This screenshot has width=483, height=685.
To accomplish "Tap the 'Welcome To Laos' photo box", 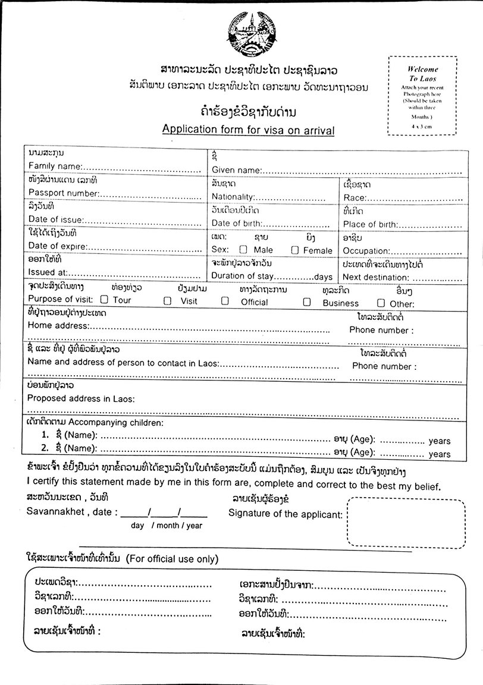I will tap(422, 96).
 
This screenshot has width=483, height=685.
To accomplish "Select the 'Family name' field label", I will tap(55, 165).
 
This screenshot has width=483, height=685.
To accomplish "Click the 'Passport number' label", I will tap(63, 193).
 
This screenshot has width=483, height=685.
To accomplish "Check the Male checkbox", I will tap(243, 250).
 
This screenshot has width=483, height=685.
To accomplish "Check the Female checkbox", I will tap(294, 250).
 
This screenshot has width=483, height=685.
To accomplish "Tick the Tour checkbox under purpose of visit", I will tap(104, 300).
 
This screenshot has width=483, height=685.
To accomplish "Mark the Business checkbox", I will tap(307, 301).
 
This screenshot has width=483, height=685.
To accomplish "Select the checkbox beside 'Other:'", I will tap(381, 303).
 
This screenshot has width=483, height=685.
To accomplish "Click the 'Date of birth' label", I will tap(237, 224).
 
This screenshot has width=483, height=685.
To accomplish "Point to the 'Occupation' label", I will tap(366, 251).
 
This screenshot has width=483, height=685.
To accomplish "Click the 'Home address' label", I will tap(58, 325).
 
